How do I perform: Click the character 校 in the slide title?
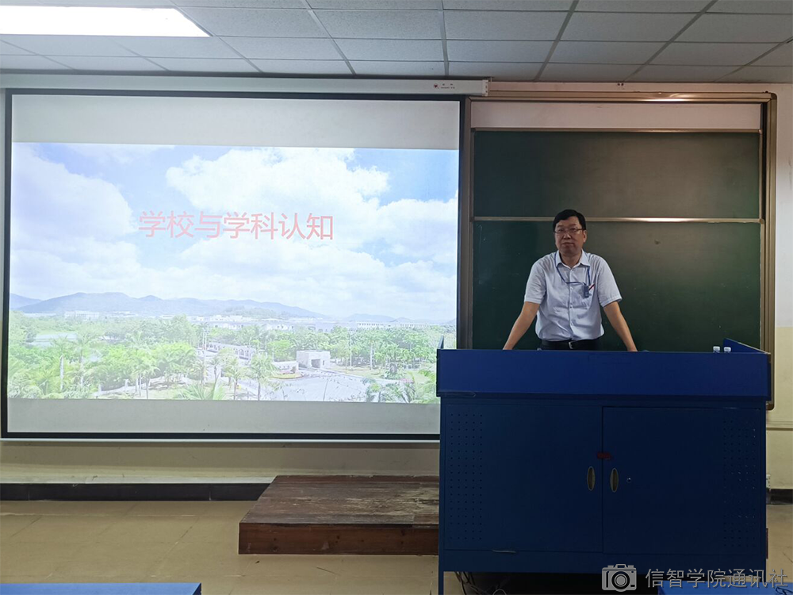pyautogui.click(x=181, y=225)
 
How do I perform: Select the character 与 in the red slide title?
pyautogui.click(x=208, y=225)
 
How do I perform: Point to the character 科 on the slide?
pyautogui.click(x=264, y=225)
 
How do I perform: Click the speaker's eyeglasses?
pyautogui.click(x=569, y=231)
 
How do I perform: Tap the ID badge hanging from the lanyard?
pyautogui.click(x=586, y=290)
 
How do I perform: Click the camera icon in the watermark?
pyautogui.click(x=619, y=578)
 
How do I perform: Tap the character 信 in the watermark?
pyautogui.click(x=657, y=578)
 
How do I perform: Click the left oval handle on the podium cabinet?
pyautogui.click(x=591, y=478)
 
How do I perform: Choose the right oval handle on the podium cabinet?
pyautogui.click(x=614, y=480)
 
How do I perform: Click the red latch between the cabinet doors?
pyautogui.click(x=603, y=455)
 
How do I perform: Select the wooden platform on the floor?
pyautogui.click(x=339, y=513)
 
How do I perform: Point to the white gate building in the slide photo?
pyautogui.click(x=312, y=359)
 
